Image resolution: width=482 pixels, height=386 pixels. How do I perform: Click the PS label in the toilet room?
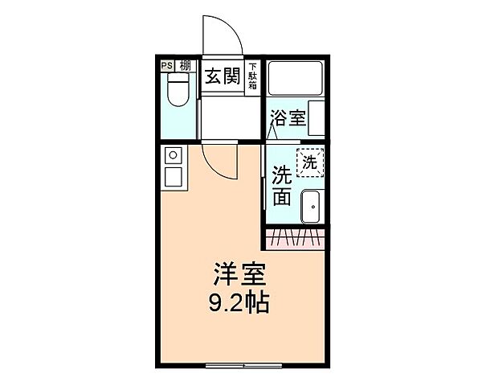pos(167,66)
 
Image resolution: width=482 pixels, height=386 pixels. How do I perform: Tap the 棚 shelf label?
pos(186,66)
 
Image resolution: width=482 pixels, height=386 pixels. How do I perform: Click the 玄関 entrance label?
pos(222,76)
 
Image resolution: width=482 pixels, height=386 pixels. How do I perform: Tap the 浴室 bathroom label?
pos(288,117)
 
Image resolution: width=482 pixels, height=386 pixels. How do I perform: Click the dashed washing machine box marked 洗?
pos(309,162)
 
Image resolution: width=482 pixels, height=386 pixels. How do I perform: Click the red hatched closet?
pos(295,237)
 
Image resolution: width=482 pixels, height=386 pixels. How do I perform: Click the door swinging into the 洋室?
pos(222,161)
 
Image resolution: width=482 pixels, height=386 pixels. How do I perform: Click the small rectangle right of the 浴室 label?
pos(317,117)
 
